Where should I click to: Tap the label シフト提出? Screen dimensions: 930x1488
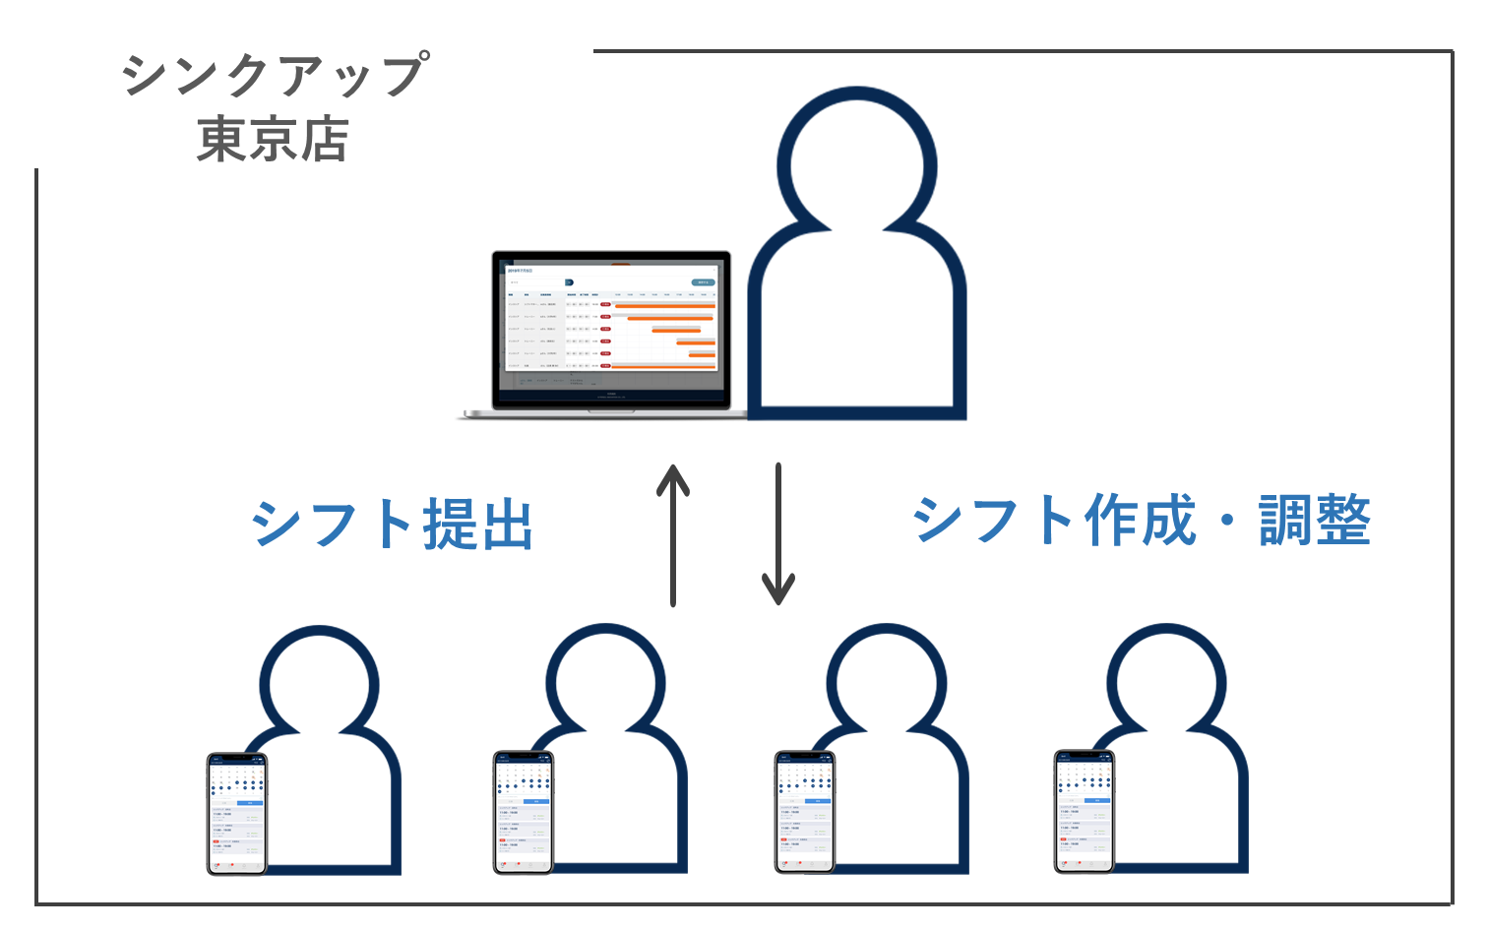pyautogui.click(x=393, y=524)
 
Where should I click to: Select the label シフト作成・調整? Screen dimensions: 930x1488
pyautogui.click(x=1142, y=520)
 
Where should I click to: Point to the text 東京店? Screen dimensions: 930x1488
pyautogui.click(x=273, y=139)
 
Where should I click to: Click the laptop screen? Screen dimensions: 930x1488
pyautogui.click(x=611, y=326)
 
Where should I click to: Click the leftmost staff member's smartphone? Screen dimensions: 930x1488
pyautogui.click(x=237, y=813)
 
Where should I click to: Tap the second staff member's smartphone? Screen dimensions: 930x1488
pyautogui.click(x=524, y=813)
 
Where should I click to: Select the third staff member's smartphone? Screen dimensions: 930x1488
pyautogui.click(x=805, y=813)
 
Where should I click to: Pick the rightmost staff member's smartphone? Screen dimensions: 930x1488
pyautogui.click(x=1085, y=813)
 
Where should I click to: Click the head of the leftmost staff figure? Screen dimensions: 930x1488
pyautogui.click(x=320, y=685)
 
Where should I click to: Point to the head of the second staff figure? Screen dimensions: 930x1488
pyautogui.click(x=606, y=683)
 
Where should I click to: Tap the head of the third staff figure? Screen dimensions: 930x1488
pyautogui.click(x=887, y=683)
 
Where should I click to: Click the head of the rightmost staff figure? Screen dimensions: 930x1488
pyautogui.click(x=1167, y=683)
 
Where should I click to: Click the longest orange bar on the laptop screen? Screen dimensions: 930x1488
pyautogui.click(x=663, y=306)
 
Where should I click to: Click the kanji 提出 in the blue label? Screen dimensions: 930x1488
pyautogui.click(x=478, y=524)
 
